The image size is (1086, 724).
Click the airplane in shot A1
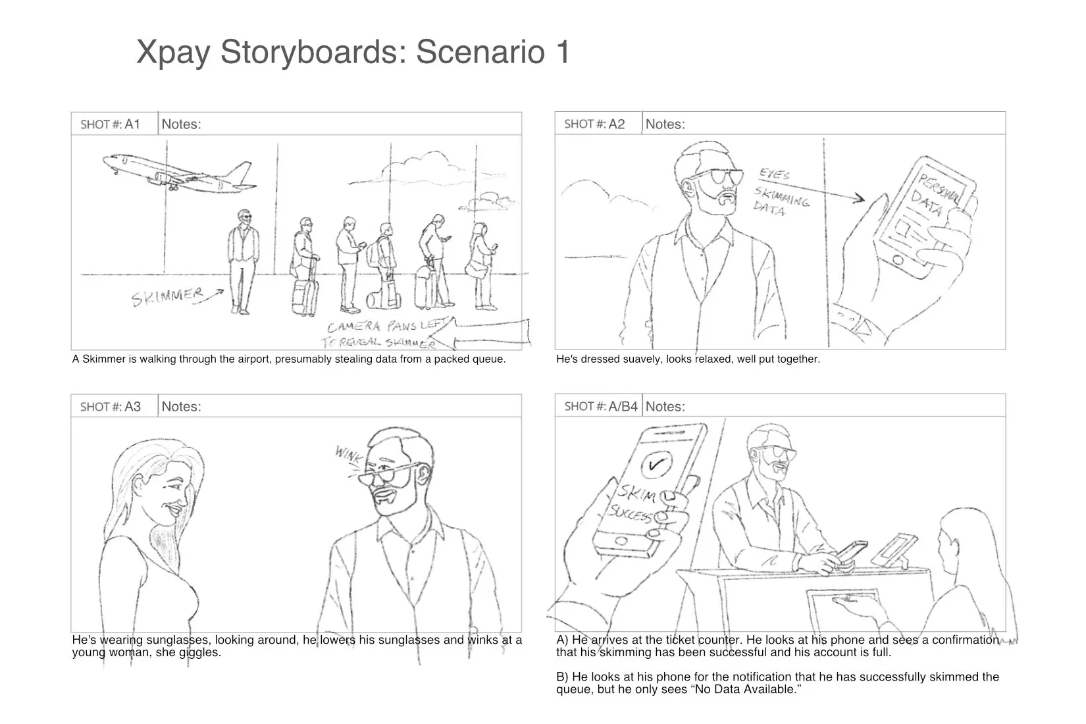click(178, 171)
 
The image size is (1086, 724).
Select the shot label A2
click(616, 124)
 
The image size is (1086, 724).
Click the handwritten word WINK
click(348, 454)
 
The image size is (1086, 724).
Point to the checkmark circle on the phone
click(656, 465)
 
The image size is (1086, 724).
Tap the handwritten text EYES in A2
click(775, 174)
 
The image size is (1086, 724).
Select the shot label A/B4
click(623, 406)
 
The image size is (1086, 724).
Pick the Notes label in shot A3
click(182, 406)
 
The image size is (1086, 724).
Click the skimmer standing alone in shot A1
click(242, 260)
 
